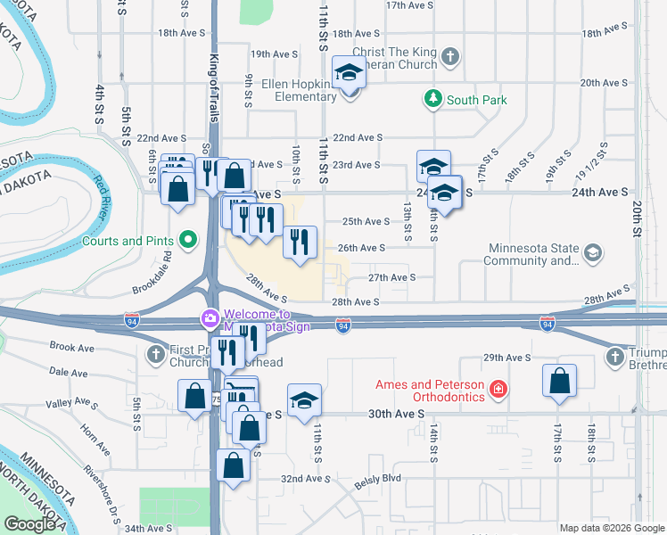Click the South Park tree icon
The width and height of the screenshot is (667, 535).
click(433, 100)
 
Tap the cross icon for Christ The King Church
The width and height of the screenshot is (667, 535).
click(450, 57)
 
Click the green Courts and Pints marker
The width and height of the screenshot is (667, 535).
click(187, 240)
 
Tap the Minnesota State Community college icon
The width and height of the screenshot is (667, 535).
click(591, 254)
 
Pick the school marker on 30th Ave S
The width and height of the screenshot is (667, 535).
click(304, 401)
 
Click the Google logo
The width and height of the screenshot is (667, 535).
click(29, 524)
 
